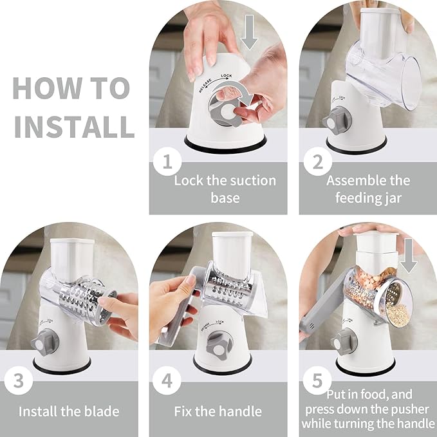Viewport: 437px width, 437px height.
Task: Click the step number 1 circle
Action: (167, 162)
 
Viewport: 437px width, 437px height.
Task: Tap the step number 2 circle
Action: (318, 162)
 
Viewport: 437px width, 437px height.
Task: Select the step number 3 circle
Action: (19, 380)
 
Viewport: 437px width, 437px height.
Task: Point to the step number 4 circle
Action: (167, 380)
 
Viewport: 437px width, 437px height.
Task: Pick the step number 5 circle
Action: (317, 380)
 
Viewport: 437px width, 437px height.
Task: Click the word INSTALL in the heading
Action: (75, 127)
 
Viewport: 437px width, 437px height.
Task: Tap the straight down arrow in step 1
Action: (249, 32)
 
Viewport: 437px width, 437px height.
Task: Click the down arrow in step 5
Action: (409, 256)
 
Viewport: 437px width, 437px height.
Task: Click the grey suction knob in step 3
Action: (45, 342)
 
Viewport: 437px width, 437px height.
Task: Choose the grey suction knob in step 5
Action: (344, 342)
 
